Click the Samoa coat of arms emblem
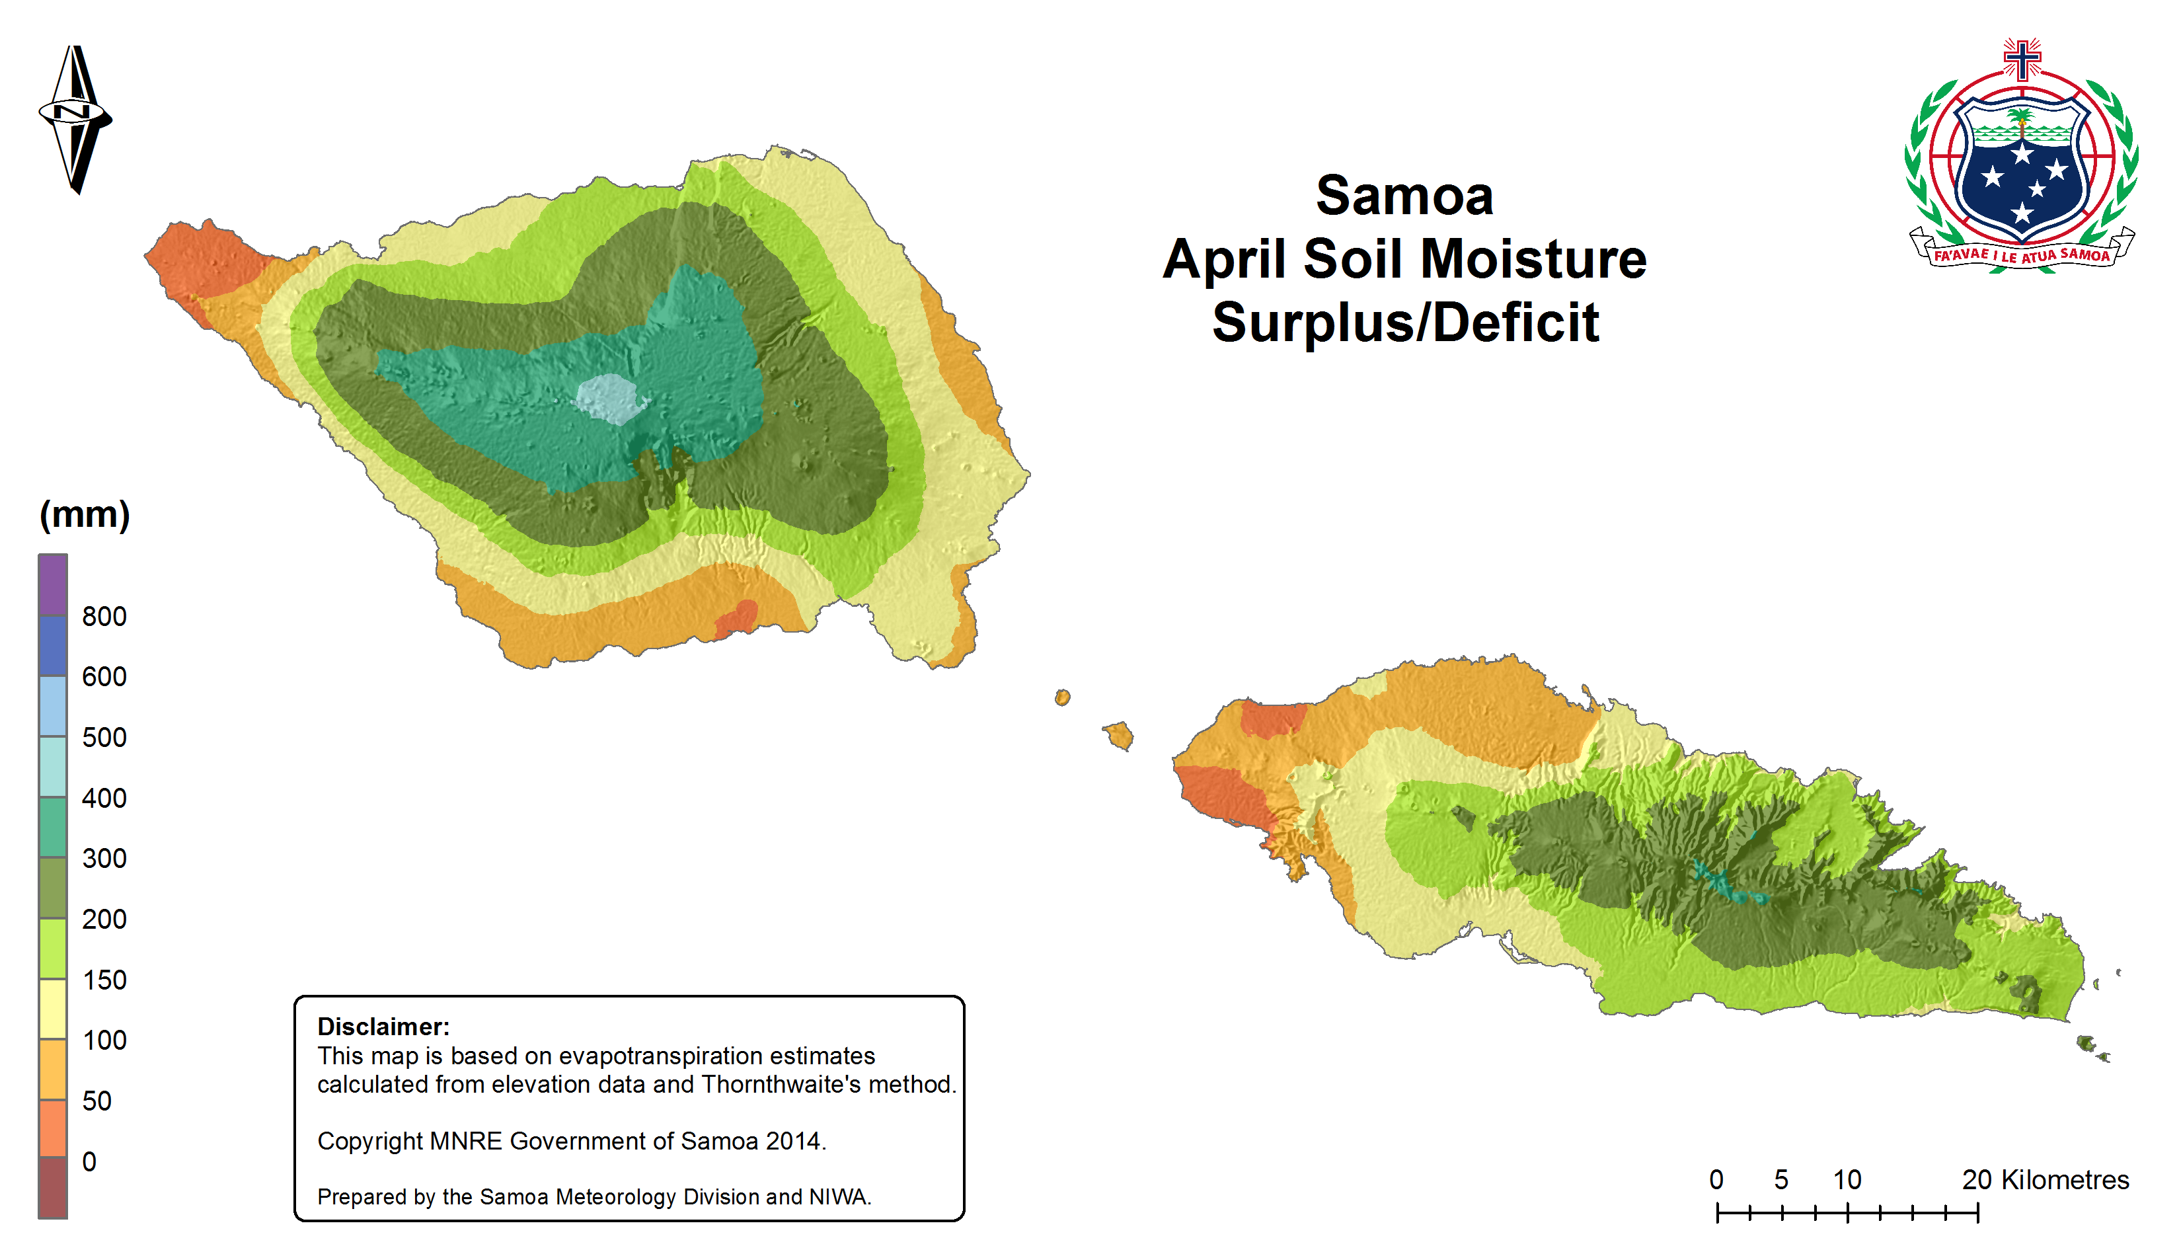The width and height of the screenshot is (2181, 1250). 2022,157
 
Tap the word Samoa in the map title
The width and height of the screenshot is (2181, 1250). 1405,196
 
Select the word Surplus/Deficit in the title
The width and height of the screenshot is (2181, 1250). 1406,323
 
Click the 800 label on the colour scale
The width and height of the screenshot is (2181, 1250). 104,617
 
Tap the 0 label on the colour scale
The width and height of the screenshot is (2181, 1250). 89,1161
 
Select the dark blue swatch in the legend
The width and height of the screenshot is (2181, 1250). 52,646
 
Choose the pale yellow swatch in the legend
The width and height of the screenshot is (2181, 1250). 52,1009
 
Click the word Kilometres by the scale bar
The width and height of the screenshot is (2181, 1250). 2065,1180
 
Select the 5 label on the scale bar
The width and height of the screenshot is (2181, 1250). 1781,1180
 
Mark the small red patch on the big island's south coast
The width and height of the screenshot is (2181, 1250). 736,618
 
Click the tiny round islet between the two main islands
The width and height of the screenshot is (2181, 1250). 1063,697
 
